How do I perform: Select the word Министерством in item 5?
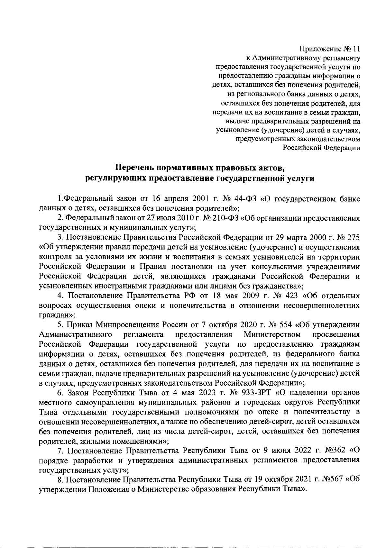coord(272,334)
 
